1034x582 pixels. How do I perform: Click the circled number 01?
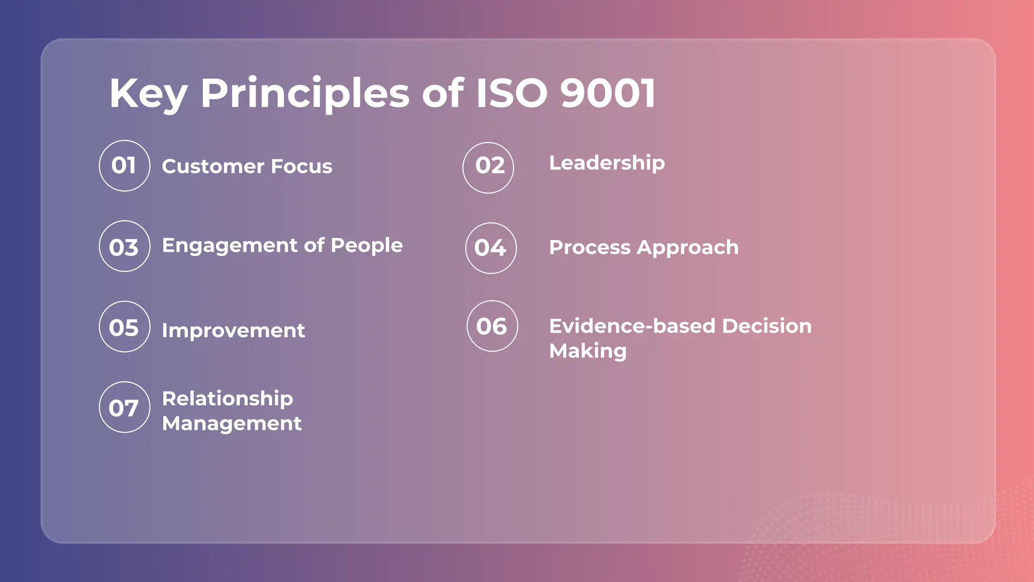[x=124, y=166]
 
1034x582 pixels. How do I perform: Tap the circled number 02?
[x=488, y=167]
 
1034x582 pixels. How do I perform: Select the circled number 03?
[x=124, y=246]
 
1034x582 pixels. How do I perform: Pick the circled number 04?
[x=491, y=248]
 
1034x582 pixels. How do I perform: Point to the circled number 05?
[x=124, y=326]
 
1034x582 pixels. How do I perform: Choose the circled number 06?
[x=492, y=326]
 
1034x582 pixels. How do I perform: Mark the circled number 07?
[x=124, y=407]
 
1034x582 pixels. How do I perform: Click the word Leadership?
[x=607, y=163]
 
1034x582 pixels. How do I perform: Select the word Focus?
[x=301, y=166]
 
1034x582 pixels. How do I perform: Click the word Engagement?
[x=230, y=246]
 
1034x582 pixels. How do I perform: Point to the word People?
[x=367, y=246]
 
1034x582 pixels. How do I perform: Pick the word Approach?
[x=687, y=248]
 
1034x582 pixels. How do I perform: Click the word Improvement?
[x=233, y=331]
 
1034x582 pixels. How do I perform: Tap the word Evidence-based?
[x=633, y=326]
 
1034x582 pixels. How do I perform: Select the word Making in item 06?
[x=588, y=351]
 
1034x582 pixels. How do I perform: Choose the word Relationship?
[x=227, y=399]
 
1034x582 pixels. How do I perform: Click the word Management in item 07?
[x=232, y=423]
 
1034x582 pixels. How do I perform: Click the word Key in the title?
[x=148, y=94]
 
